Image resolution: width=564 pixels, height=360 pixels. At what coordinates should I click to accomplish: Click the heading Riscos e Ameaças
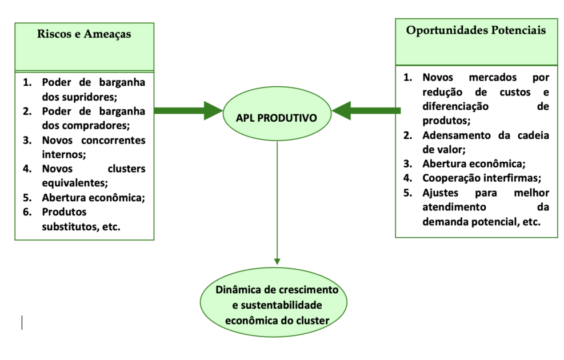click(x=84, y=34)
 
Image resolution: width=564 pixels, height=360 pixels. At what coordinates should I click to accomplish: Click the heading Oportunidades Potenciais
click(x=475, y=30)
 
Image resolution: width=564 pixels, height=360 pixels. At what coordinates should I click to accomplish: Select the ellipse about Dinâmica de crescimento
click(x=277, y=305)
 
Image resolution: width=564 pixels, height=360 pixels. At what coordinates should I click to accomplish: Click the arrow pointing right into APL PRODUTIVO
click(x=188, y=110)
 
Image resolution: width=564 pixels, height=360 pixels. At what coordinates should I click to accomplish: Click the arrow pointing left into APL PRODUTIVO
click(x=366, y=110)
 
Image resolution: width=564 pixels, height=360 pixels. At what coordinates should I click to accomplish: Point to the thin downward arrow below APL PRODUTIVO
click(x=277, y=206)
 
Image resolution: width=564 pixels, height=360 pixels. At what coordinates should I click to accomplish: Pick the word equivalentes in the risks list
click(x=74, y=183)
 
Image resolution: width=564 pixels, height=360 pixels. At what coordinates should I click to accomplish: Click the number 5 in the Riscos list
click(x=26, y=198)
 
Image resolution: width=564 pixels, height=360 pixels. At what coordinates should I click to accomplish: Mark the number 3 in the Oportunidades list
click(x=407, y=163)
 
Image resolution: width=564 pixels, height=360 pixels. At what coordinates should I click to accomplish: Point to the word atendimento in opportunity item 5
click(x=455, y=207)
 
